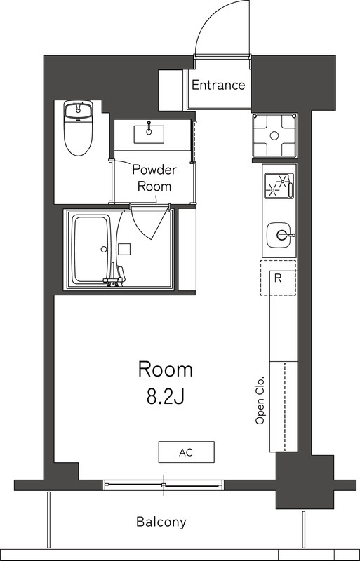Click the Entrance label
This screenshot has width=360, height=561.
[x=218, y=86]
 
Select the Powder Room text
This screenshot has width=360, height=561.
[x=154, y=178]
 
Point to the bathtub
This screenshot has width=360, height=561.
[x=91, y=249]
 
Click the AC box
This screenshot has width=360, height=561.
[x=186, y=452]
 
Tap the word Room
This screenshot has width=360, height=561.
[x=165, y=370]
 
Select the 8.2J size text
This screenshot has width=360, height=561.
[x=165, y=397]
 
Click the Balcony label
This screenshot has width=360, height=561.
[x=161, y=522]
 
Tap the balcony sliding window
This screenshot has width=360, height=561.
[x=164, y=485]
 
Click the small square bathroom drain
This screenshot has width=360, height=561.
[x=124, y=248]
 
